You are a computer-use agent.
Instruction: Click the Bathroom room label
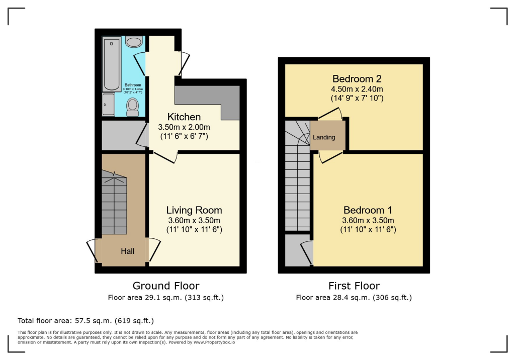pyautogui.click(x=133, y=85)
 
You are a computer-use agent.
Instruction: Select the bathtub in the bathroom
pyautogui.click(x=111, y=64)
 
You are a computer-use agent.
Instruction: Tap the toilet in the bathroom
pyautogui.click(x=133, y=107)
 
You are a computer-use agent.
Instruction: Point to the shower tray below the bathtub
pyautogui.click(x=109, y=105)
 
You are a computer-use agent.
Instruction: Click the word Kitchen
pyautogui.click(x=184, y=117)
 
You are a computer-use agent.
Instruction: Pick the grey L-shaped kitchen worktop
pyautogui.click(x=211, y=98)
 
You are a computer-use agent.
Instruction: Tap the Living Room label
pyautogui.click(x=194, y=210)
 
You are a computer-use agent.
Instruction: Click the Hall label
pyautogui.click(x=127, y=250)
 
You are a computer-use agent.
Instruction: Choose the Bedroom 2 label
pyautogui.click(x=357, y=79)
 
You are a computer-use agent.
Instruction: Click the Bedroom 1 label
pyautogui.click(x=368, y=210)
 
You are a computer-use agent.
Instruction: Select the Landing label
pyautogui.click(x=324, y=137)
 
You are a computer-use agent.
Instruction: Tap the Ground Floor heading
pyautogui.click(x=166, y=286)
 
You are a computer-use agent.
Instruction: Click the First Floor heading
pyautogui.click(x=354, y=286)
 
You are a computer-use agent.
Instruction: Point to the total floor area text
pyautogui.click(x=85, y=320)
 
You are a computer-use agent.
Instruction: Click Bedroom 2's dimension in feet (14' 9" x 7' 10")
pyautogui.click(x=357, y=98)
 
